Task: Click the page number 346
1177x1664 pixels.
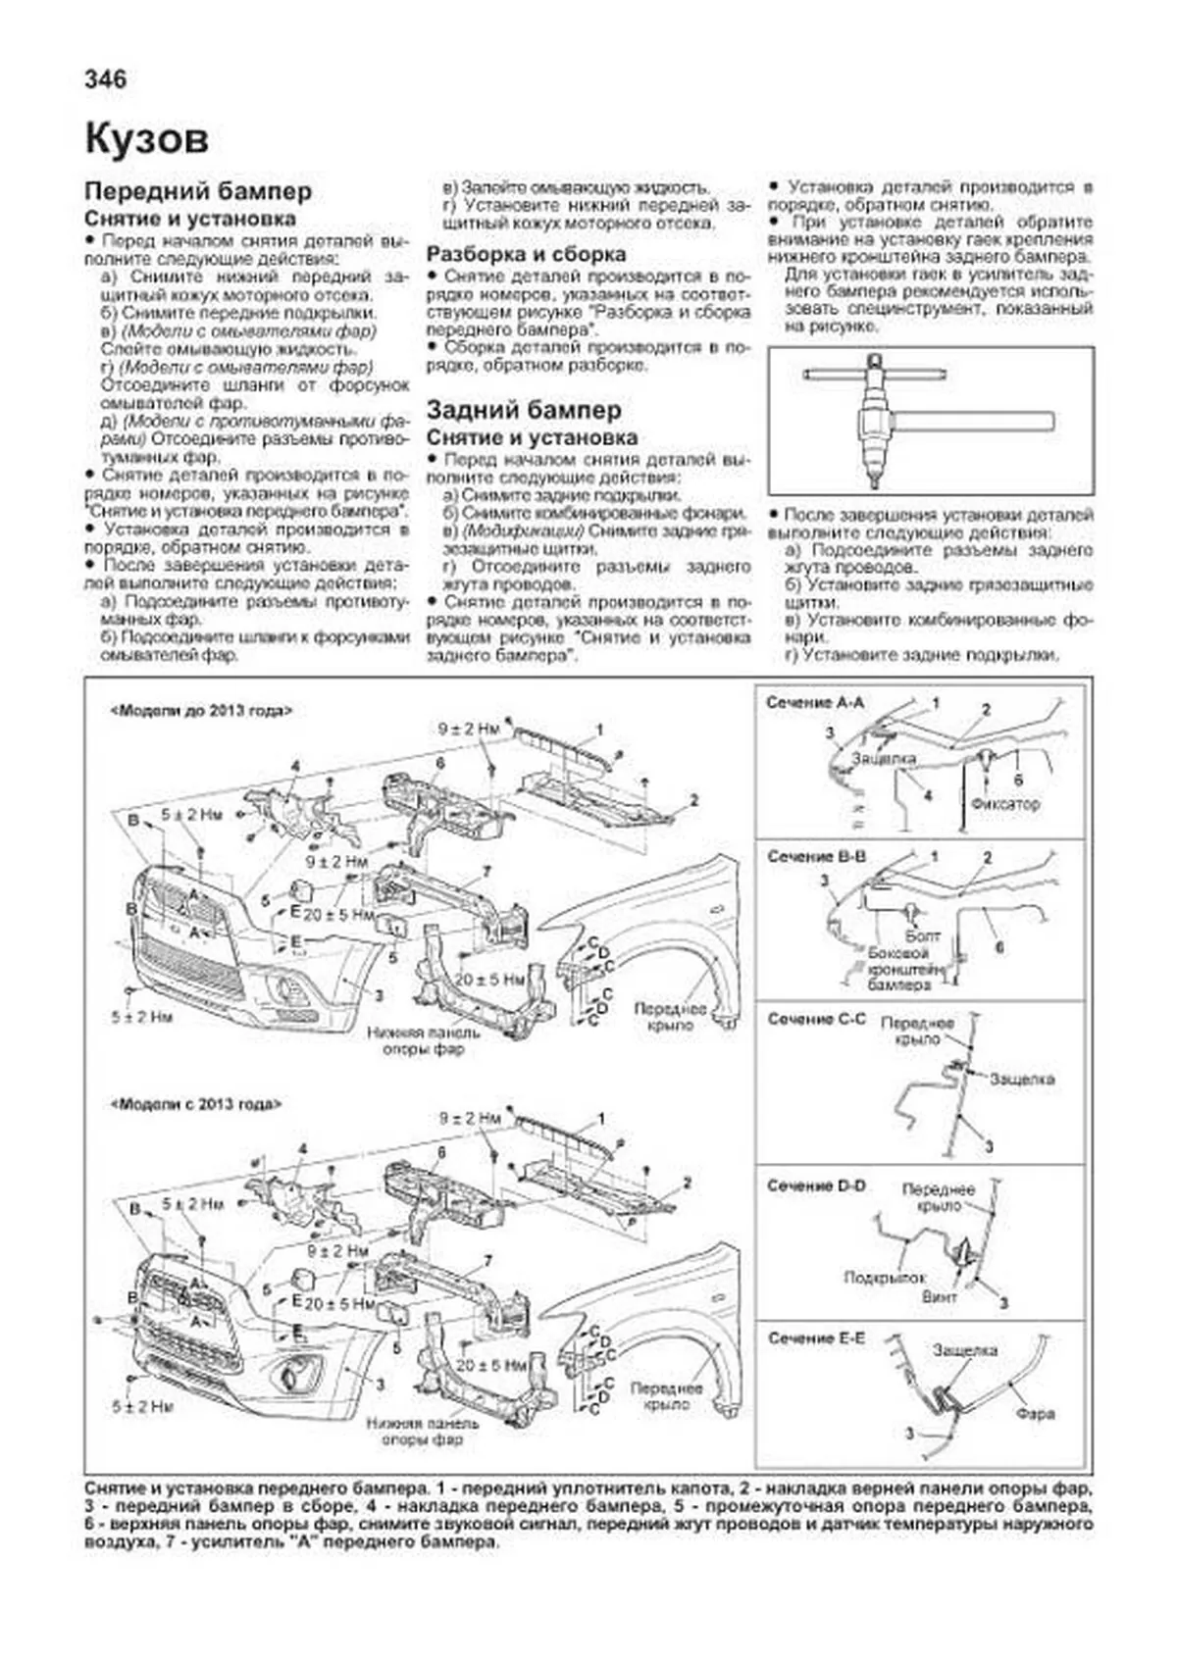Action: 106,79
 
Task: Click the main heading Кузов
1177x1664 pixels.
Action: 147,138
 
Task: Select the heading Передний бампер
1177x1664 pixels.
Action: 198,191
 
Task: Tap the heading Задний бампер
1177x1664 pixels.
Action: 524,410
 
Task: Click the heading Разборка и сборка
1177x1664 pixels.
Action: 526,254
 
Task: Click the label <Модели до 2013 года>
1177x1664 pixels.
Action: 201,712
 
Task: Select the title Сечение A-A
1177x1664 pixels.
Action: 815,703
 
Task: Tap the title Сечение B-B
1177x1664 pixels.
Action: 816,856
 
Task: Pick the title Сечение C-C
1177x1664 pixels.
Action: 816,1019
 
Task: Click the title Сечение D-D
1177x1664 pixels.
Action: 816,1185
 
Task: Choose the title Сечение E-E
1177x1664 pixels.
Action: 816,1337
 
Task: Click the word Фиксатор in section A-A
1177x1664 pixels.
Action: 1004,803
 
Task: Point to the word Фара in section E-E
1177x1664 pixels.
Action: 1035,1413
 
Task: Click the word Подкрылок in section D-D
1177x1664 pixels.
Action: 885,1278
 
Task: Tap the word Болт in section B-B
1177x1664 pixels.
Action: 922,935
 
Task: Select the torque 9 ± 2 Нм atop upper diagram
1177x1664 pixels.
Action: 468,729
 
